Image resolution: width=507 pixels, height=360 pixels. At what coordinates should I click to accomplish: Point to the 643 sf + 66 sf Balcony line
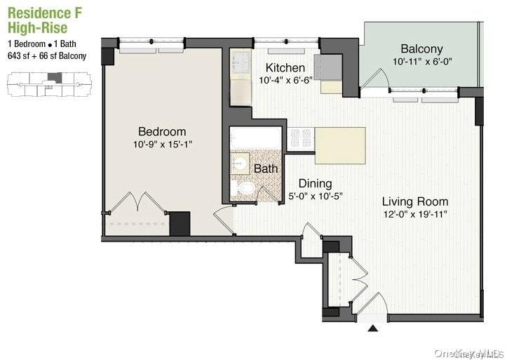click(47, 56)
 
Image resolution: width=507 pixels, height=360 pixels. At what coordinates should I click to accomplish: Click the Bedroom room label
click(161, 131)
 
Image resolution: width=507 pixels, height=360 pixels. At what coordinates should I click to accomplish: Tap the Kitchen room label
click(285, 68)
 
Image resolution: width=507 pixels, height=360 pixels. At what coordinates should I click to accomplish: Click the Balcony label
click(421, 49)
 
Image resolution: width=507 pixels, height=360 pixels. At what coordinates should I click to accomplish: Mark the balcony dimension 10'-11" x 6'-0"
click(424, 62)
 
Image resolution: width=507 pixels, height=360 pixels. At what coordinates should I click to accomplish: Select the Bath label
click(265, 168)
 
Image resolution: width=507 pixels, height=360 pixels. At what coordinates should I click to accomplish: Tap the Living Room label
click(414, 201)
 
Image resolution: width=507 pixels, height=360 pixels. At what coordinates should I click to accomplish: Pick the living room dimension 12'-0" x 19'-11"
click(415, 214)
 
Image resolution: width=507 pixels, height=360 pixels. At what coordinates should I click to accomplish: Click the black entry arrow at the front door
click(373, 326)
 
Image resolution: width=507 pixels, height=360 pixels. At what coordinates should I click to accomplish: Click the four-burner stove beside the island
click(302, 138)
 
